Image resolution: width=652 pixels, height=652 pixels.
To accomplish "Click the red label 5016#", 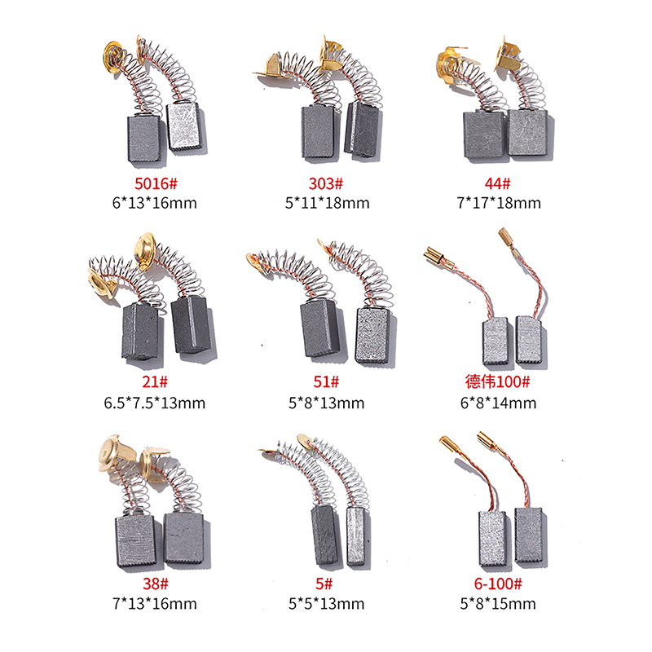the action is point(156,183).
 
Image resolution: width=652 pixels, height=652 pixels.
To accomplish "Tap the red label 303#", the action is point(326,183).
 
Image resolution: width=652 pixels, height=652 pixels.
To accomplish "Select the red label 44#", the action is point(497,183).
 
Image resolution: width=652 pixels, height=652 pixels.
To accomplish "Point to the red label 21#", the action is point(155,381).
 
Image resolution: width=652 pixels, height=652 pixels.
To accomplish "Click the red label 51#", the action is point(326,381).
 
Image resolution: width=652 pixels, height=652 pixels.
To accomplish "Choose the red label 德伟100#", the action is point(498,381).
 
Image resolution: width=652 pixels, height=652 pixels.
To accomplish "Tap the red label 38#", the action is point(156,584).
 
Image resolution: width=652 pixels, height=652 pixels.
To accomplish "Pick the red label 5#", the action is point(324,584).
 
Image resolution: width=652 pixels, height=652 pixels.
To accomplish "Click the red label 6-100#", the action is point(498,584).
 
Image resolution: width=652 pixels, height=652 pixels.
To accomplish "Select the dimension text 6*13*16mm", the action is point(155,203).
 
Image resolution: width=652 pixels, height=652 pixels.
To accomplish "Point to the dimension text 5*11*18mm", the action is point(328,203).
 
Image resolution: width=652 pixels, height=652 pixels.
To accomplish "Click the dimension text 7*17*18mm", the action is point(499,203).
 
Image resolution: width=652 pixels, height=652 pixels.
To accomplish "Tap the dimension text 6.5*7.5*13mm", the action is point(155,403).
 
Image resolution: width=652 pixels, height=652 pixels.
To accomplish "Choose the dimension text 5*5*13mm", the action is point(327,603).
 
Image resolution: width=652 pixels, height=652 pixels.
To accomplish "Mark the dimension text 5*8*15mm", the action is point(498,603).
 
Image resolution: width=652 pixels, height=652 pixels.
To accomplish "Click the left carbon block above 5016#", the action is point(143,139).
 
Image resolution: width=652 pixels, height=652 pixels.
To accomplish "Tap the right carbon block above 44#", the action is point(528,133).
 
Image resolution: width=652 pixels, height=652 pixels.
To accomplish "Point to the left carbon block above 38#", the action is point(134,541).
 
